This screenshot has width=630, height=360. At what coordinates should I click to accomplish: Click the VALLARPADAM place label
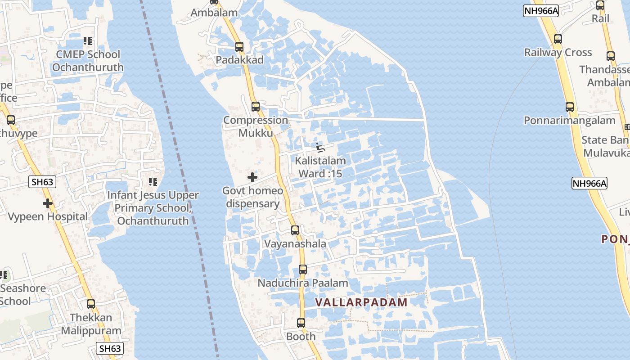pos(361,302)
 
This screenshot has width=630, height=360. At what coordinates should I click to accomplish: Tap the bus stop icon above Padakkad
pos(239,47)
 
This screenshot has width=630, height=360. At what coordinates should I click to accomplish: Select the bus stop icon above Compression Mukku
pos(256,107)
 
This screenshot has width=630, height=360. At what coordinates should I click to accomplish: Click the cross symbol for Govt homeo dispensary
pos(252,177)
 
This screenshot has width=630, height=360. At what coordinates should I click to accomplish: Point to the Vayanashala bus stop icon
pos(295,230)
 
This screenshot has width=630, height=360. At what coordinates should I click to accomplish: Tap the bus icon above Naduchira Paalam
pos(303,270)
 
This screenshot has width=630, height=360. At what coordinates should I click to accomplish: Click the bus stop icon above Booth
pos(301,323)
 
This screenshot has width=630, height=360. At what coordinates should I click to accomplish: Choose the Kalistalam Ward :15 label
pos(320,167)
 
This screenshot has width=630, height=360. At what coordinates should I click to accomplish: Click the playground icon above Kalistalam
pos(320,148)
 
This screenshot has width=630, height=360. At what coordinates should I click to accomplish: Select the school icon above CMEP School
pos(88,41)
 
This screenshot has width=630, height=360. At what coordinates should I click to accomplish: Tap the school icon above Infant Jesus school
pos(153,182)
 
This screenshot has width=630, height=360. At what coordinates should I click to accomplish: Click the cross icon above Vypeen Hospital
pos(48,203)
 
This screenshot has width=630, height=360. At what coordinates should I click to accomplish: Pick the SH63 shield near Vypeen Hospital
pos(43,182)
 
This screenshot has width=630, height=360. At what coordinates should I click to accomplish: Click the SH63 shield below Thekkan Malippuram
pos(110,348)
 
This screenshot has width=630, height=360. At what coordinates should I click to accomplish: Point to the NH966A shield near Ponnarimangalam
pos(589,183)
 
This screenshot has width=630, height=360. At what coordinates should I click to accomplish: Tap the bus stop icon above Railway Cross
pos(558,39)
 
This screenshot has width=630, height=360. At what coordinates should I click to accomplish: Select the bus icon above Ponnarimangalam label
pos(570,107)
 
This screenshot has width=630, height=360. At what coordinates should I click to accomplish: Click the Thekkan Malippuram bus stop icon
pos(91,304)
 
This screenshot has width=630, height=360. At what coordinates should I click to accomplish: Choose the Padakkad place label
pos(239,60)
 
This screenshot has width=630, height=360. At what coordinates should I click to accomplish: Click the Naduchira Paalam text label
pos(303,283)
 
